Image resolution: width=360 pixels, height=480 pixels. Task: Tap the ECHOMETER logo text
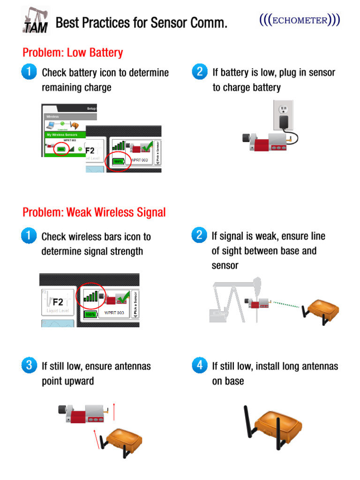[300, 21]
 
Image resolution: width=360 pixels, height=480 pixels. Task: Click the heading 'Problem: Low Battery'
[73, 52]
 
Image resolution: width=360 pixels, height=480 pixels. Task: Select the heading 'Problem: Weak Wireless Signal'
[94, 212]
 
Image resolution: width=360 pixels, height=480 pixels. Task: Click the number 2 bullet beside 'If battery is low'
[200, 72]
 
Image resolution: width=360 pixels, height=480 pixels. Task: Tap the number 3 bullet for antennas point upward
[29, 366]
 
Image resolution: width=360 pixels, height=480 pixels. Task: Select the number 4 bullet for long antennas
[200, 366]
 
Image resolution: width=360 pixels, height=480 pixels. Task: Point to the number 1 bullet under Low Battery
[29, 72]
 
